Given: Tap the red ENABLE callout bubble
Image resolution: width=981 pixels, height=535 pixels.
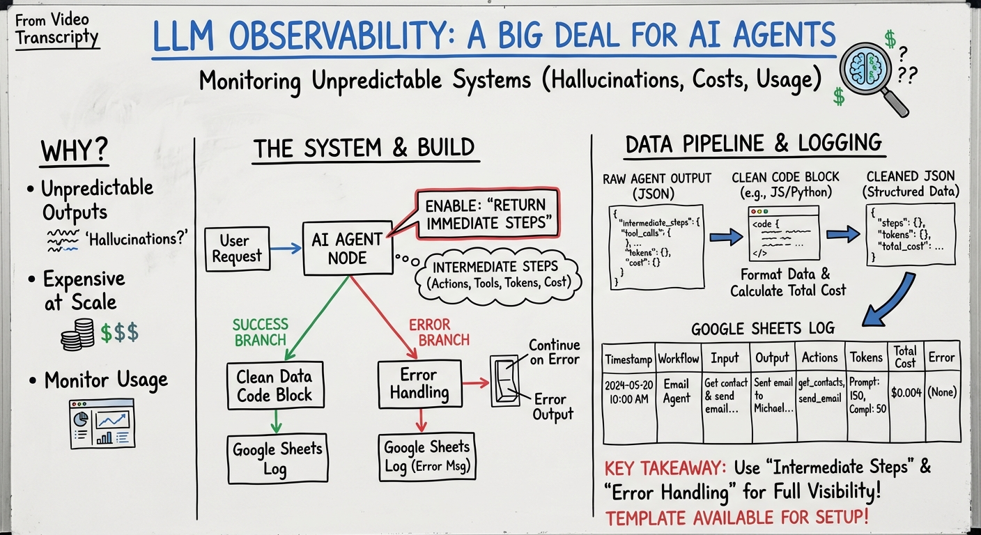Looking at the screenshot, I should point(486,214).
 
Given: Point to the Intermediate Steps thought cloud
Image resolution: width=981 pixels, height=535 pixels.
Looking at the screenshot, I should point(495,274).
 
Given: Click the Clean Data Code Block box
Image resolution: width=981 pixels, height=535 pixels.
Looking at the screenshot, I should point(275,385).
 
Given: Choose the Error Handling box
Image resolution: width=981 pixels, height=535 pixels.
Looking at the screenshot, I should point(419,383).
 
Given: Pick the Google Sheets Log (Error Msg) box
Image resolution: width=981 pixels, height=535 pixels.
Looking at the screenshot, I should point(428,456).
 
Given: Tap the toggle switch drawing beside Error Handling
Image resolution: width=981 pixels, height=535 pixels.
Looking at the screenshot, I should point(506,381).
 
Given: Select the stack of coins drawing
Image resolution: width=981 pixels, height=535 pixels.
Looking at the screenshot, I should point(78,334).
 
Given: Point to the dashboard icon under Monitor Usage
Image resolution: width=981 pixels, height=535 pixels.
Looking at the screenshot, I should point(102,424).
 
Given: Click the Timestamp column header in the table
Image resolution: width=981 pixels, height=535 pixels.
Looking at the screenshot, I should point(628,359).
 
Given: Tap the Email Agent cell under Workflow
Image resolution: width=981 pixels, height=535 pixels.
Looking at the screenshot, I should point(677,391).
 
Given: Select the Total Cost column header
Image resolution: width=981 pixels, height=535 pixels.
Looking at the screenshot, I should point(905,357).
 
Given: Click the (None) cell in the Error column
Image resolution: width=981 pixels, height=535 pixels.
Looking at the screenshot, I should point(941,393).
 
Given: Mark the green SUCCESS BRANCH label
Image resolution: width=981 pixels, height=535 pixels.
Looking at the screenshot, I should point(259,332).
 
